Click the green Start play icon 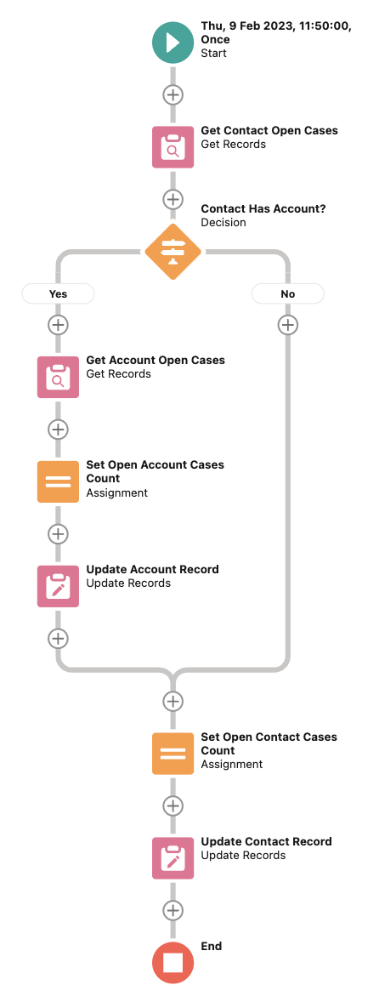point(173,43)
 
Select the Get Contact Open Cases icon point(173,147)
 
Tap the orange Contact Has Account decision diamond point(173,252)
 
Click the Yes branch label point(58,294)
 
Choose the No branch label point(288,294)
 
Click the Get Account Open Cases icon point(58,377)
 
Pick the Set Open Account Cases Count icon point(58,481)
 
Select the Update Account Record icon point(58,587)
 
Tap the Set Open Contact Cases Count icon point(173,754)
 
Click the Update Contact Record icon point(173,858)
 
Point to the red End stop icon point(173,962)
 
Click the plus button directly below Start point(173,94)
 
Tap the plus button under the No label point(288,325)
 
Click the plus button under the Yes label point(58,325)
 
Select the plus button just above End point(173,910)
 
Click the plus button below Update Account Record point(58,638)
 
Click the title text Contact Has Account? point(263,209)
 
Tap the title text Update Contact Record point(266,841)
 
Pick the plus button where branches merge point(173,701)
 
